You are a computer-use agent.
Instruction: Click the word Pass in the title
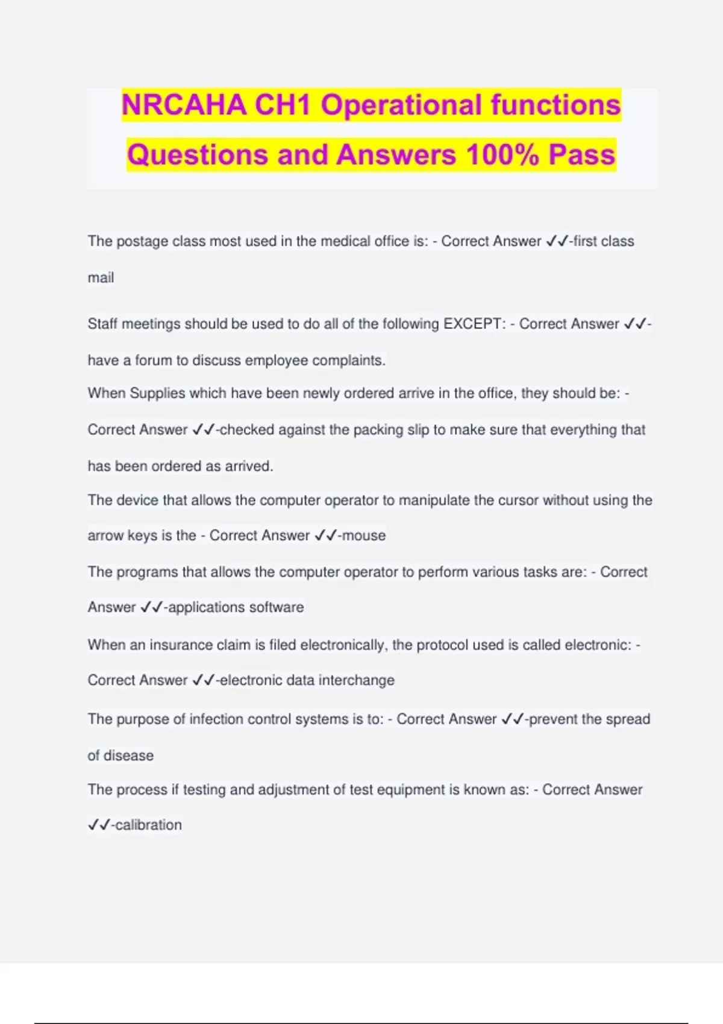point(582,155)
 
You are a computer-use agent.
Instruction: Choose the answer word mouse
point(364,535)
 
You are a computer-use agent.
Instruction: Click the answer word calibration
point(148,825)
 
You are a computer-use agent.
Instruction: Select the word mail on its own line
point(101,278)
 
